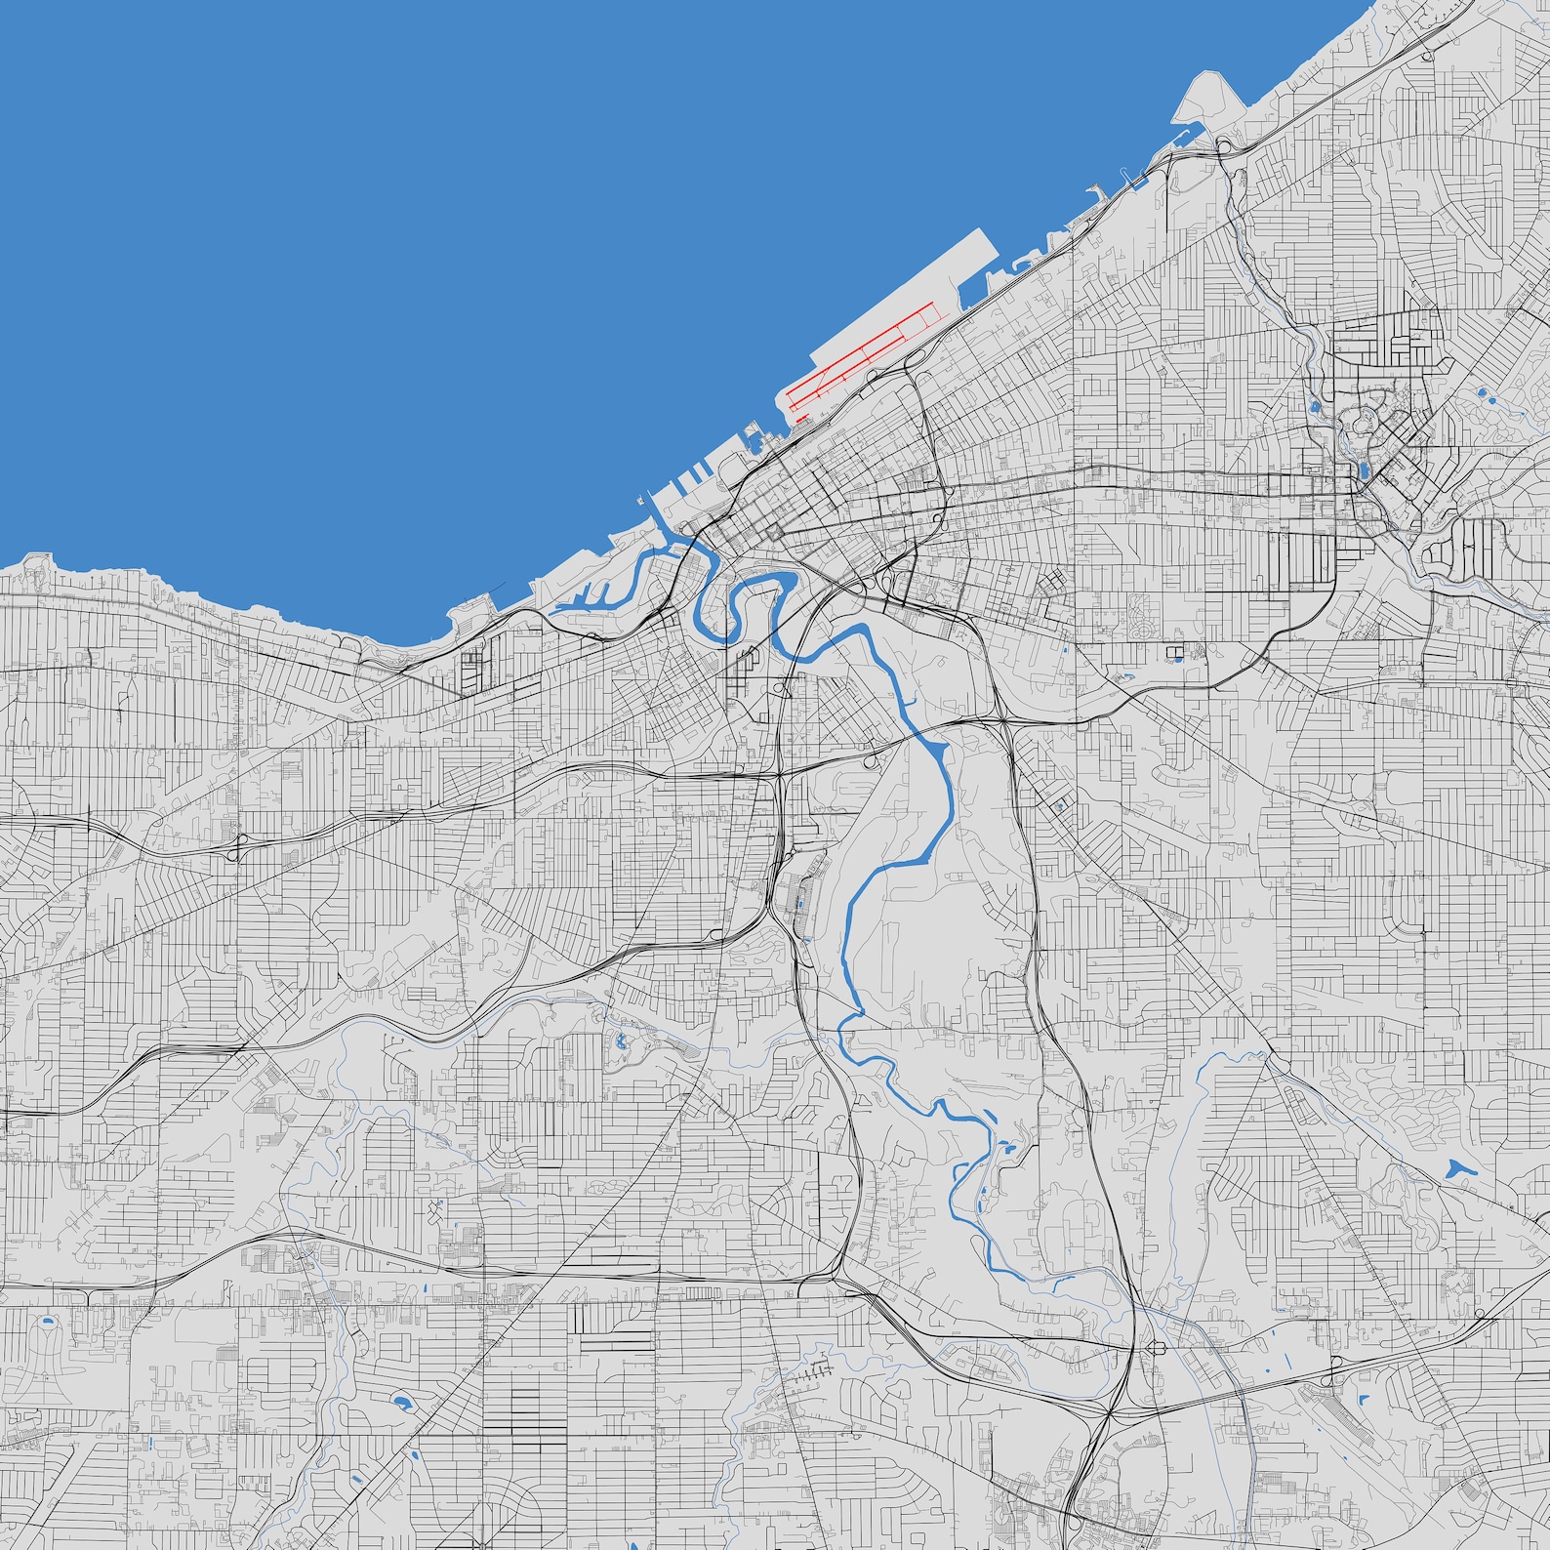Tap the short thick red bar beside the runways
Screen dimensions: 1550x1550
point(801,419)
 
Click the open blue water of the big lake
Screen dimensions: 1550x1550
point(390,244)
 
